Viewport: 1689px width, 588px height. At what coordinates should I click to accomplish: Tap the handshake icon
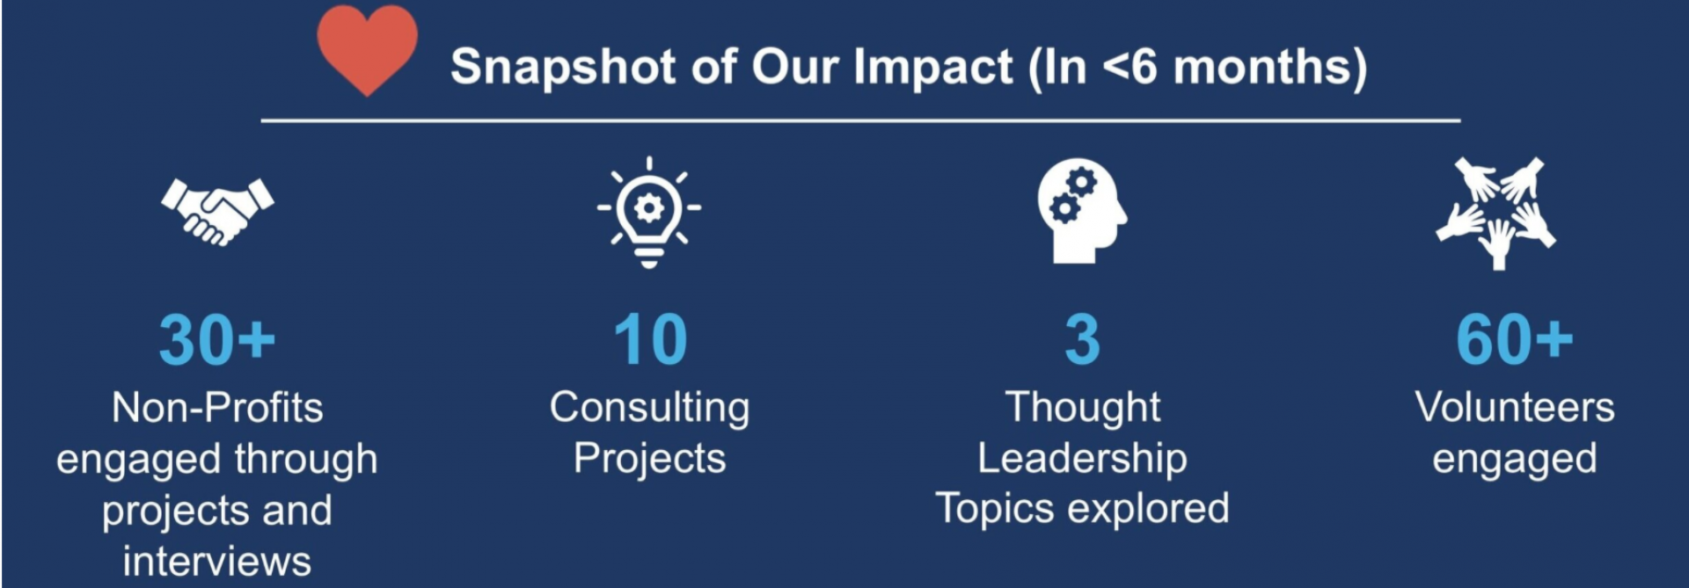(x=217, y=211)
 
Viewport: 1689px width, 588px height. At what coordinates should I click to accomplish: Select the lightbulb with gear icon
(x=649, y=213)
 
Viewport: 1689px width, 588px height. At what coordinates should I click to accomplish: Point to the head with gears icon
(x=1082, y=211)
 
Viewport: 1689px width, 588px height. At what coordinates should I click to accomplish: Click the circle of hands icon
(x=1496, y=213)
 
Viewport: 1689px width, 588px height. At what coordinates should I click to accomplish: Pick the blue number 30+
(x=217, y=339)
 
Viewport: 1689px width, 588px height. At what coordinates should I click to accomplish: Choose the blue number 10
(x=650, y=339)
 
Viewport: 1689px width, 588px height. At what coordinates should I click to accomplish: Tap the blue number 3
(x=1082, y=339)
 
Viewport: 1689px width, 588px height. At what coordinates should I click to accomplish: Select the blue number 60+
(x=1515, y=339)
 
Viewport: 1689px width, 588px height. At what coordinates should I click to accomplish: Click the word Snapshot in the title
(x=563, y=68)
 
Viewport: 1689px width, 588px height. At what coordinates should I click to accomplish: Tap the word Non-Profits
(x=217, y=408)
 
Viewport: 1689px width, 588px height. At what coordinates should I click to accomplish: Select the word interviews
(x=217, y=561)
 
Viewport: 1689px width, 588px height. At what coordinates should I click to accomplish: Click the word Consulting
(x=650, y=409)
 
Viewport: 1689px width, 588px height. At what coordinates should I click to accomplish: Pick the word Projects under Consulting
(x=650, y=459)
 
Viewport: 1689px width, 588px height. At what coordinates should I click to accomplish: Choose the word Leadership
(x=1082, y=459)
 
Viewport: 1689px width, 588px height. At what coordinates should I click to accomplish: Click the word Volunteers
(x=1515, y=408)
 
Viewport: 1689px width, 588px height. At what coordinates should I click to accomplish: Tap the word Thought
(x=1083, y=409)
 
